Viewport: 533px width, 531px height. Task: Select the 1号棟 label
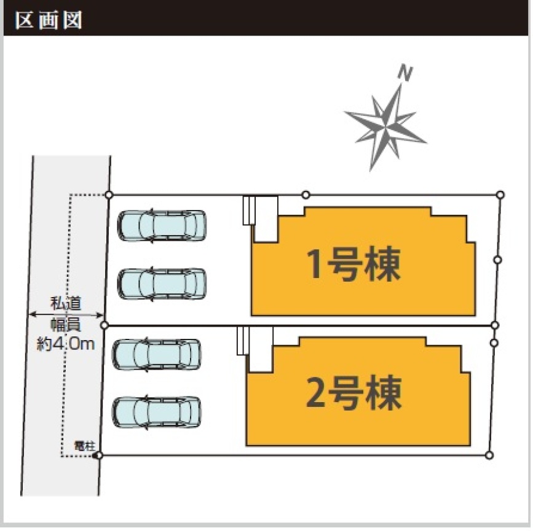pyautogui.click(x=354, y=265)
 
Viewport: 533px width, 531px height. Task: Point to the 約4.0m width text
pyautogui.click(x=66, y=343)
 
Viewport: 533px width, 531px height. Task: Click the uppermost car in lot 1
pyautogui.click(x=161, y=226)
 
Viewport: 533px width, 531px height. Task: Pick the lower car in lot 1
pyautogui.click(x=161, y=283)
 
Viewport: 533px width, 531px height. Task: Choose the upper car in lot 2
pyautogui.click(x=157, y=354)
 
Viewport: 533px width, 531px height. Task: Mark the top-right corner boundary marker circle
pyautogui.click(x=500, y=195)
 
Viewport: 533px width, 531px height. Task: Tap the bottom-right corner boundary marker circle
pyautogui.click(x=489, y=455)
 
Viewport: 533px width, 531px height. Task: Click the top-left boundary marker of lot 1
pyautogui.click(x=109, y=195)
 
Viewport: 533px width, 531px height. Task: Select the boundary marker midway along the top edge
pyautogui.click(x=306, y=195)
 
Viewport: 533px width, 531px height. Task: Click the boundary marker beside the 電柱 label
pyautogui.click(x=100, y=455)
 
